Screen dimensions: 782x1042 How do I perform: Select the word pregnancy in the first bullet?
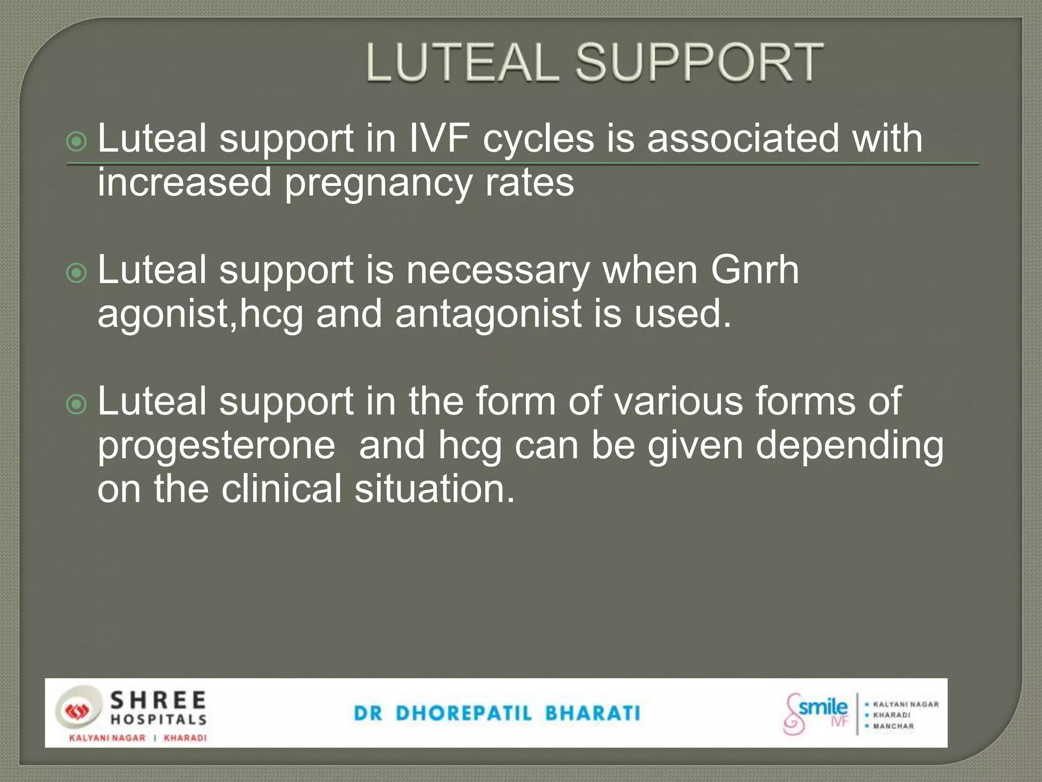(378, 182)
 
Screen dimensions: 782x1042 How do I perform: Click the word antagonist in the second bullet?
(488, 314)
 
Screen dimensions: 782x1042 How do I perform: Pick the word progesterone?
(216, 445)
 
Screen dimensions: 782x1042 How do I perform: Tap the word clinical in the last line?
(281, 489)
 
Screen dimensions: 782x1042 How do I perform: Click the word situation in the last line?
(435, 489)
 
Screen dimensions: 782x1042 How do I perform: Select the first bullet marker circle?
(77, 142)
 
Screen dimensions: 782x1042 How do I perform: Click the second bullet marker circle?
(77, 273)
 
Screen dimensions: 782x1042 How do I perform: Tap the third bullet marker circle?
(77, 405)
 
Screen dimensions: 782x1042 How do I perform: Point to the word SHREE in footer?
(158, 701)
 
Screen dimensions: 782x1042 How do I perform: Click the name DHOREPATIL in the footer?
(464, 713)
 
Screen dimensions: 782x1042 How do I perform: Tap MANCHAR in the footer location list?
(893, 726)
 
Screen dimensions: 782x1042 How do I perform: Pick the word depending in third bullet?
(849, 445)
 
